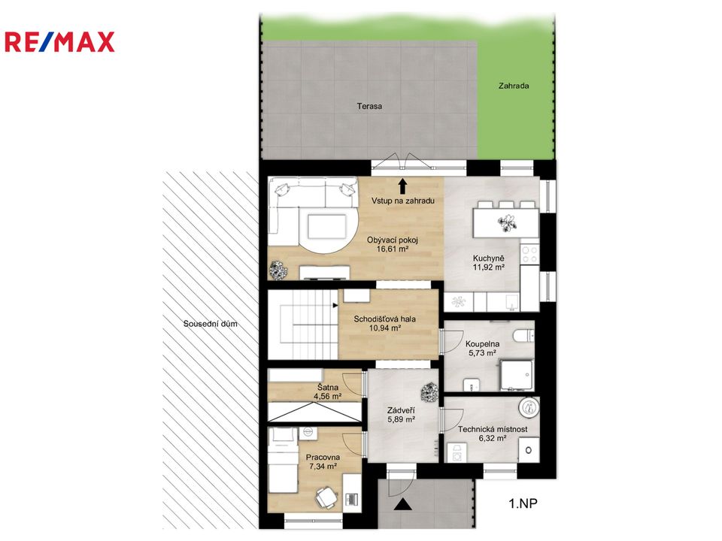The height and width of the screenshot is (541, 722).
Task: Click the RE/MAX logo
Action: tap(59, 42)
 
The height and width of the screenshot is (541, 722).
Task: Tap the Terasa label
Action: tap(369, 106)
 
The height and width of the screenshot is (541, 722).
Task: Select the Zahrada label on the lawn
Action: tap(514, 86)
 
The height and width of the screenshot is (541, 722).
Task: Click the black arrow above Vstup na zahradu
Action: tap(403, 186)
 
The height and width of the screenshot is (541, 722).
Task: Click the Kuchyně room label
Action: tap(489, 258)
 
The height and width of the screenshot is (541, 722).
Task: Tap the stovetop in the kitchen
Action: tap(529, 255)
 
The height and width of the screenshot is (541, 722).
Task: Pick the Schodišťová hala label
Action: tap(384, 319)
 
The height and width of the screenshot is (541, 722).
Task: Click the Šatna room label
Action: tap(328, 388)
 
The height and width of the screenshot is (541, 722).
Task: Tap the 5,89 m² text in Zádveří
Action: tap(402, 419)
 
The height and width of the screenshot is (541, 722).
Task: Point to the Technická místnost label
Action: tap(493, 429)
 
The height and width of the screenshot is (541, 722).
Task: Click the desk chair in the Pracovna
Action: tap(326, 498)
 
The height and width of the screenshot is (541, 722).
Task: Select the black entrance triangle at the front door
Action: tap(403, 505)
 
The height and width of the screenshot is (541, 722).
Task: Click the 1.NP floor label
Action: tap(523, 503)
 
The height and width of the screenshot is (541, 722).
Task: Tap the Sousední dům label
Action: tap(211, 324)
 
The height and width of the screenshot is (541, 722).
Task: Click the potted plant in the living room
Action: tap(278, 270)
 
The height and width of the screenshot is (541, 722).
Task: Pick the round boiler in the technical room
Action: tap(528, 407)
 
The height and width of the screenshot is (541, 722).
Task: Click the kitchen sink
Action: tap(511, 303)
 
